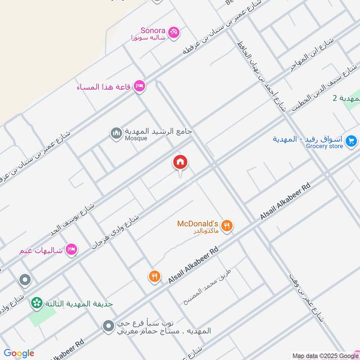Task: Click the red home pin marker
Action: click(180, 162)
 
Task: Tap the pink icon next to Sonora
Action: click(174, 32)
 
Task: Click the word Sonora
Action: click(153, 31)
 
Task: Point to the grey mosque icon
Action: click(116, 133)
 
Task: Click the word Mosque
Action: click(136, 139)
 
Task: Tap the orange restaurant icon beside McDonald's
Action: click(228, 226)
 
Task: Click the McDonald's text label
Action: click(198, 224)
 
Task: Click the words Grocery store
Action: click(324, 146)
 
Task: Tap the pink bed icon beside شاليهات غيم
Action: click(71, 249)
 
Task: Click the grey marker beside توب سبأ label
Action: click(108, 326)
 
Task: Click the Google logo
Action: click(19, 353)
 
